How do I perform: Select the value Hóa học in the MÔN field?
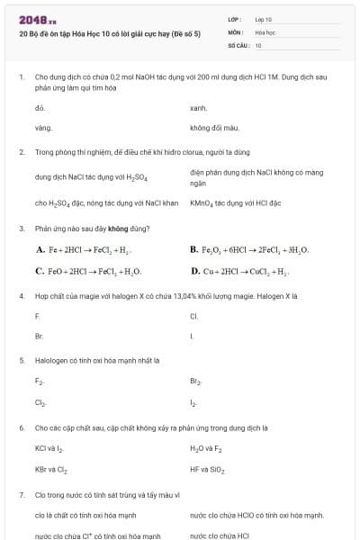tap(265, 31)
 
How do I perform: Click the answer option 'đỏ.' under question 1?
tap(40, 107)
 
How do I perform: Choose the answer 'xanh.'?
tap(199, 107)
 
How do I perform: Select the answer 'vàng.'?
tap(43, 128)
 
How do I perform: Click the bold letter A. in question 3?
tap(40, 249)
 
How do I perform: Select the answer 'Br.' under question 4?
tap(39, 336)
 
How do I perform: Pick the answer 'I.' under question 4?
tap(192, 336)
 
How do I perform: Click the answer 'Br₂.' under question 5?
tap(196, 382)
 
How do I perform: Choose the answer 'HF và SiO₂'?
tap(208, 469)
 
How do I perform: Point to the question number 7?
tap(21, 494)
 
